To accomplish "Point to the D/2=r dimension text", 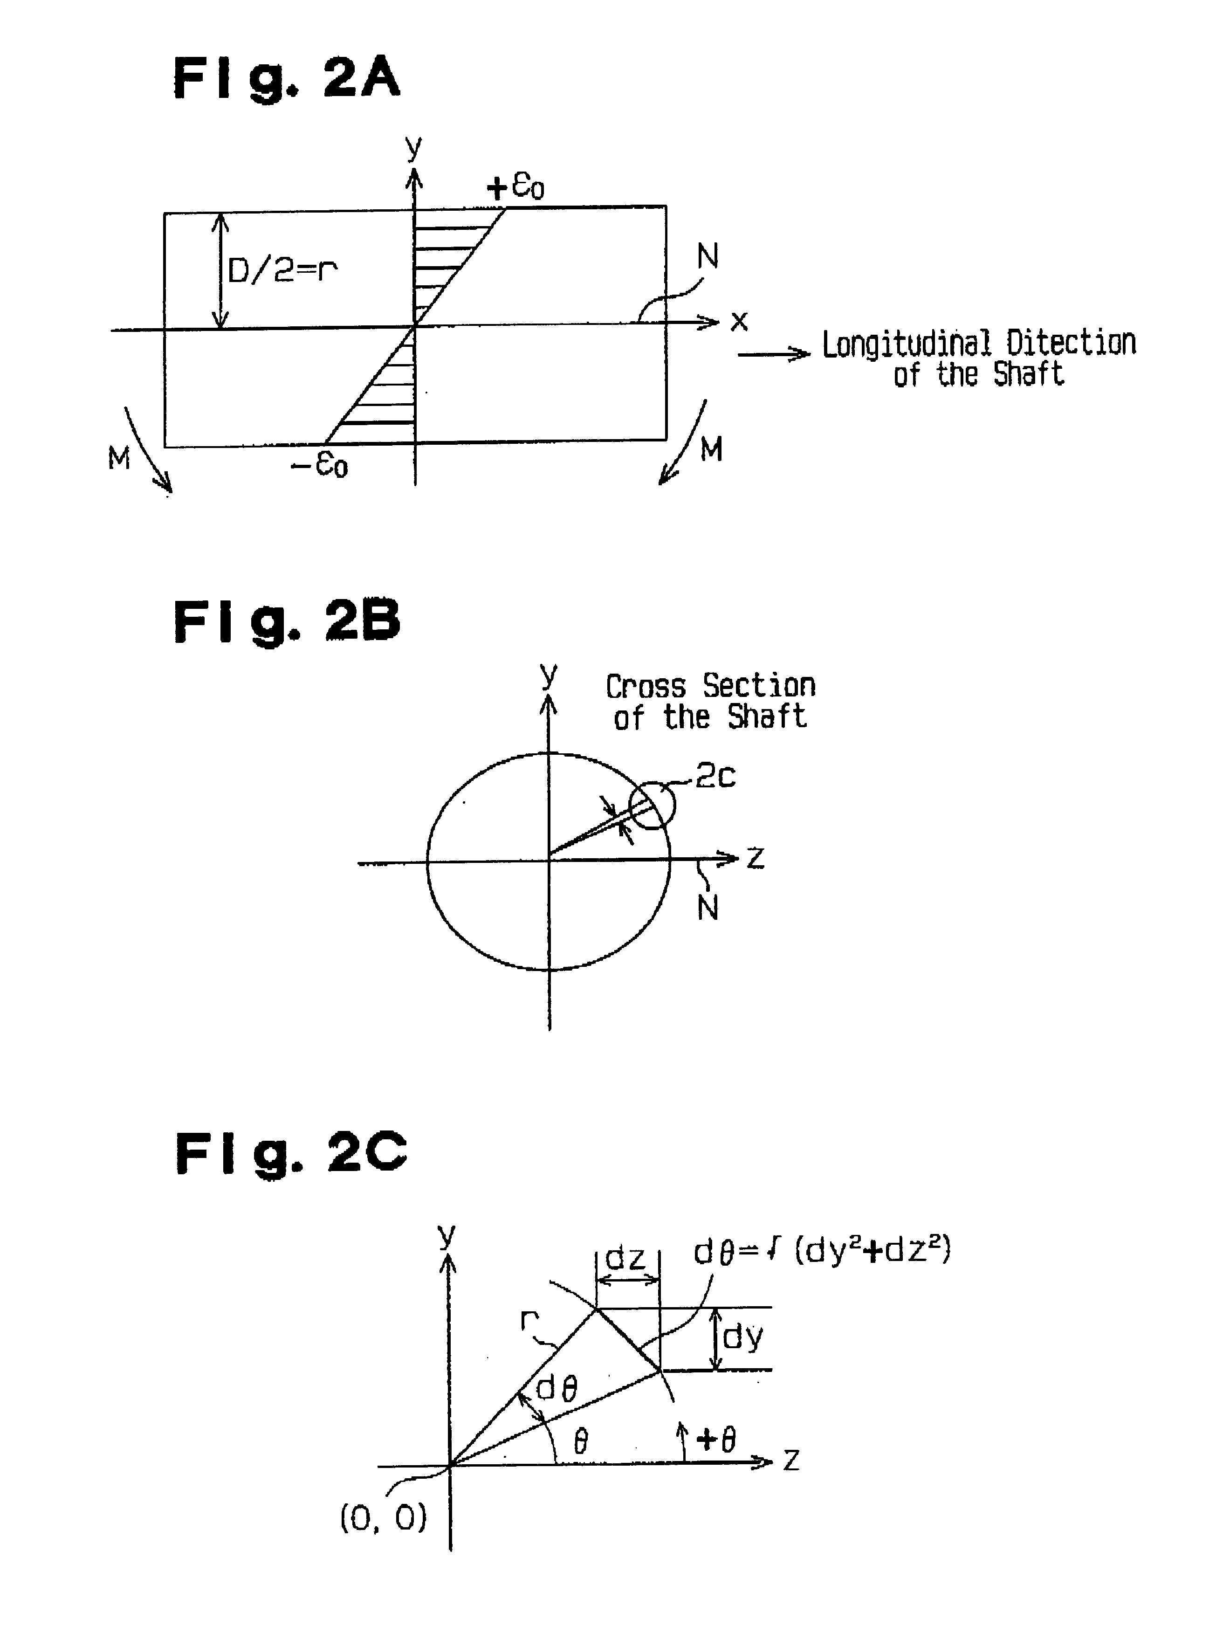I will coord(282,271).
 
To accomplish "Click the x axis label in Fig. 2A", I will coord(739,322).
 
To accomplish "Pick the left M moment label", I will coord(118,459).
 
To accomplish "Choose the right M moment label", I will coord(711,449).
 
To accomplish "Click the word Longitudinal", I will coord(906,344).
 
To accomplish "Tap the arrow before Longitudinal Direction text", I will coord(773,355).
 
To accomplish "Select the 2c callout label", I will coord(715,776).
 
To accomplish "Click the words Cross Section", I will coord(710,686).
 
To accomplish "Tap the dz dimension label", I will coord(625,1258).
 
